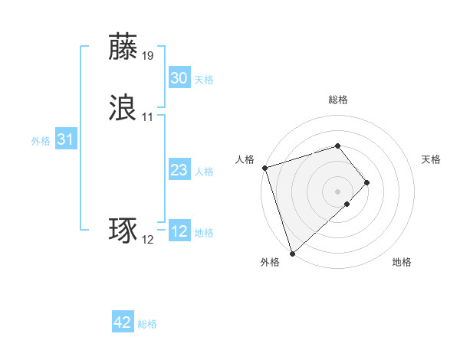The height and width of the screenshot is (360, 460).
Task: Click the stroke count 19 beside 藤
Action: click(x=148, y=56)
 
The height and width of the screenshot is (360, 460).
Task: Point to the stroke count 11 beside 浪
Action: click(x=148, y=117)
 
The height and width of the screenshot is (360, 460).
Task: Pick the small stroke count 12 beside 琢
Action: click(x=148, y=240)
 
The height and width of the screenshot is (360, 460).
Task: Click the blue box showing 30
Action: click(x=179, y=78)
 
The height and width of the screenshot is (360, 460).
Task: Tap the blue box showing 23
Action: click(x=179, y=170)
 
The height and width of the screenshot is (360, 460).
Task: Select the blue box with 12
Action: click(x=179, y=231)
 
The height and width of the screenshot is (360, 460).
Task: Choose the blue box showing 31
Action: click(x=65, y=139)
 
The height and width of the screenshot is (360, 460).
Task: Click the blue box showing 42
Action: click(x=123, y=323)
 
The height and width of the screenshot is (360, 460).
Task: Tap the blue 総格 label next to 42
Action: click(x=147, y=325)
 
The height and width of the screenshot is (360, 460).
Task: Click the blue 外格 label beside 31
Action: click(x=41, y=141)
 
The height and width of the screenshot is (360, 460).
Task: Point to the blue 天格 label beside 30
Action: click(x=204, y=80)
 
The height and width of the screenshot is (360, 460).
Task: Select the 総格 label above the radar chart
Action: click(x=338, y=100)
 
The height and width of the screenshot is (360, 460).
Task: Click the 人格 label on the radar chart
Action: click(x=245, y=159)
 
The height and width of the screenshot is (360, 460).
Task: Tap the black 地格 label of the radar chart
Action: click(x=402, y=262)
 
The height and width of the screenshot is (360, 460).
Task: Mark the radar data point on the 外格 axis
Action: click(x=292, y=253)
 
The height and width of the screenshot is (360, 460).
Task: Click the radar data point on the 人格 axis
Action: click(x=264, y=168)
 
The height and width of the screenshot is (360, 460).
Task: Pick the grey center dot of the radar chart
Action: click(x=338, y=191)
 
